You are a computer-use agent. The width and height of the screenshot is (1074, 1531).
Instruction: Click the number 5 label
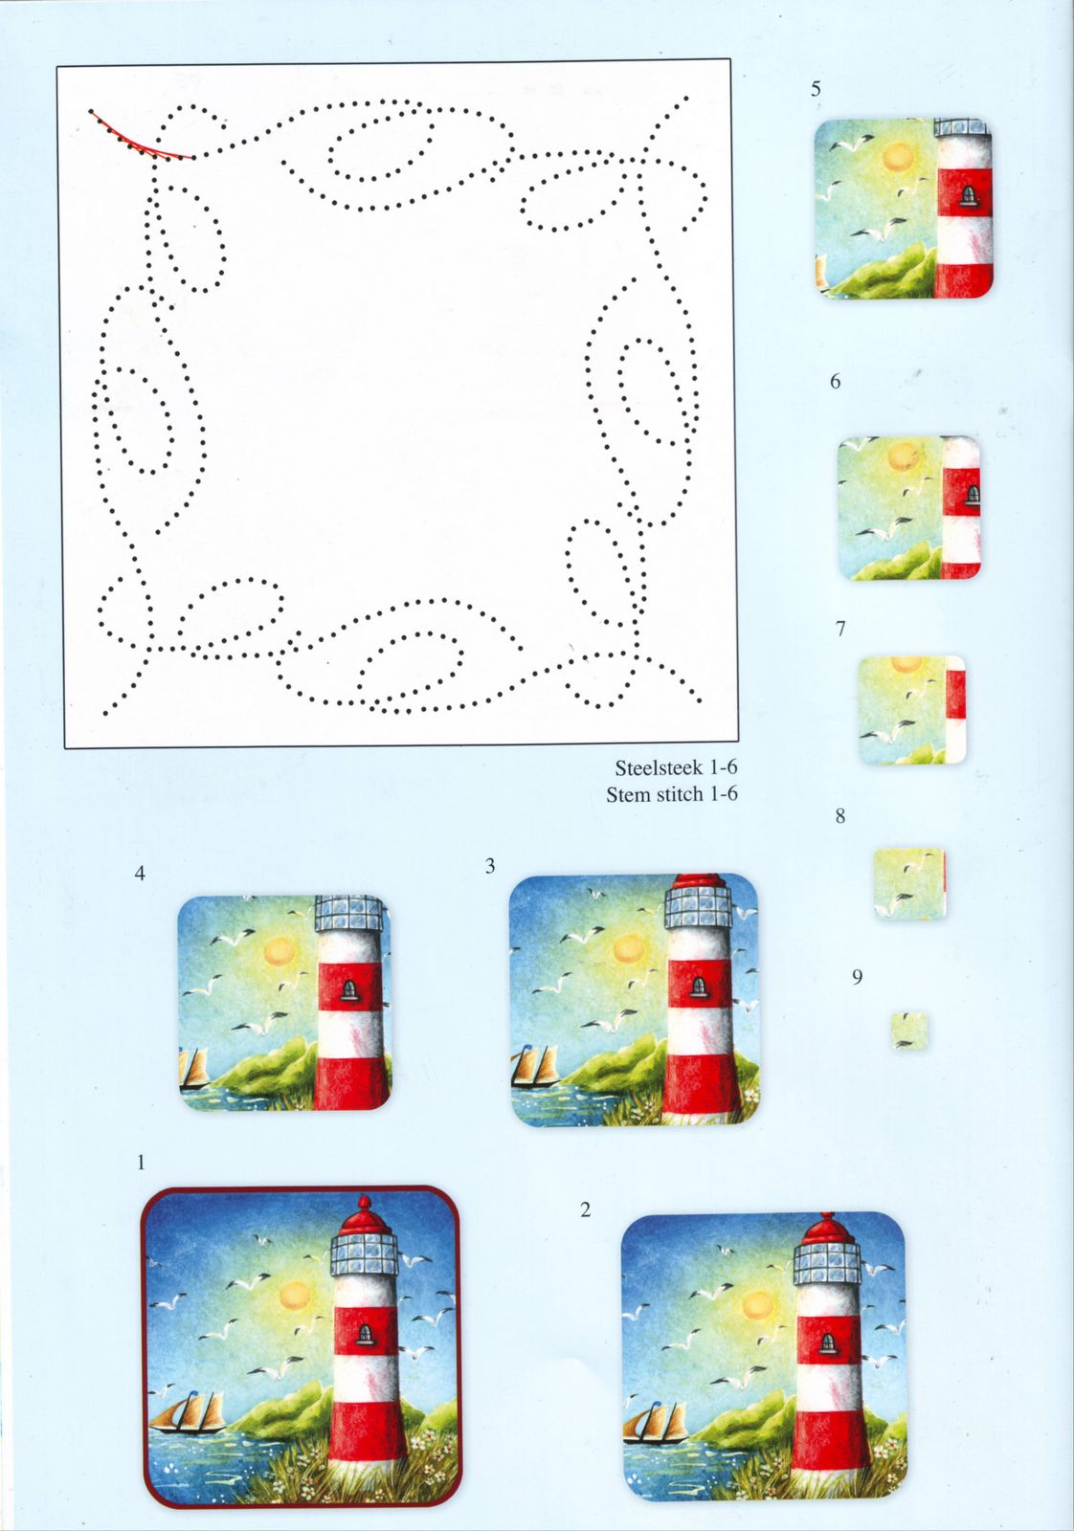(816, 89)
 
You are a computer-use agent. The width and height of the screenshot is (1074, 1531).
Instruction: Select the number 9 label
(857, 977)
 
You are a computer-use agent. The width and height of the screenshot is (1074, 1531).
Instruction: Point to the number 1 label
(141, 1163)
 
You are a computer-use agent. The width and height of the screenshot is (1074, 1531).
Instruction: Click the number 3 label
(489, 866)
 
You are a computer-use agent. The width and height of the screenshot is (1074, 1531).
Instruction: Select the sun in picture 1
(296, 1296)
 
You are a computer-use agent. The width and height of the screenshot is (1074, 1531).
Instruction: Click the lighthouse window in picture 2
(828, 1342)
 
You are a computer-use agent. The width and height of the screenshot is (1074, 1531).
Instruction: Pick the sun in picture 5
(897, 158)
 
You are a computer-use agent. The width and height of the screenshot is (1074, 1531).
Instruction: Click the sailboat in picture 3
(535, 1068)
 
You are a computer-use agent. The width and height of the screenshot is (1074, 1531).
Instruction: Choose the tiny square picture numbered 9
(909, 1032)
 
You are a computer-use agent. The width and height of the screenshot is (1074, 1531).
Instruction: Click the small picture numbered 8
(910, 883)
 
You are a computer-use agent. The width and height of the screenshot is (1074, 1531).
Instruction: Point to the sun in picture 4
(279, 951)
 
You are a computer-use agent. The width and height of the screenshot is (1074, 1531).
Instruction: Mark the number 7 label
(840, 629)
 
